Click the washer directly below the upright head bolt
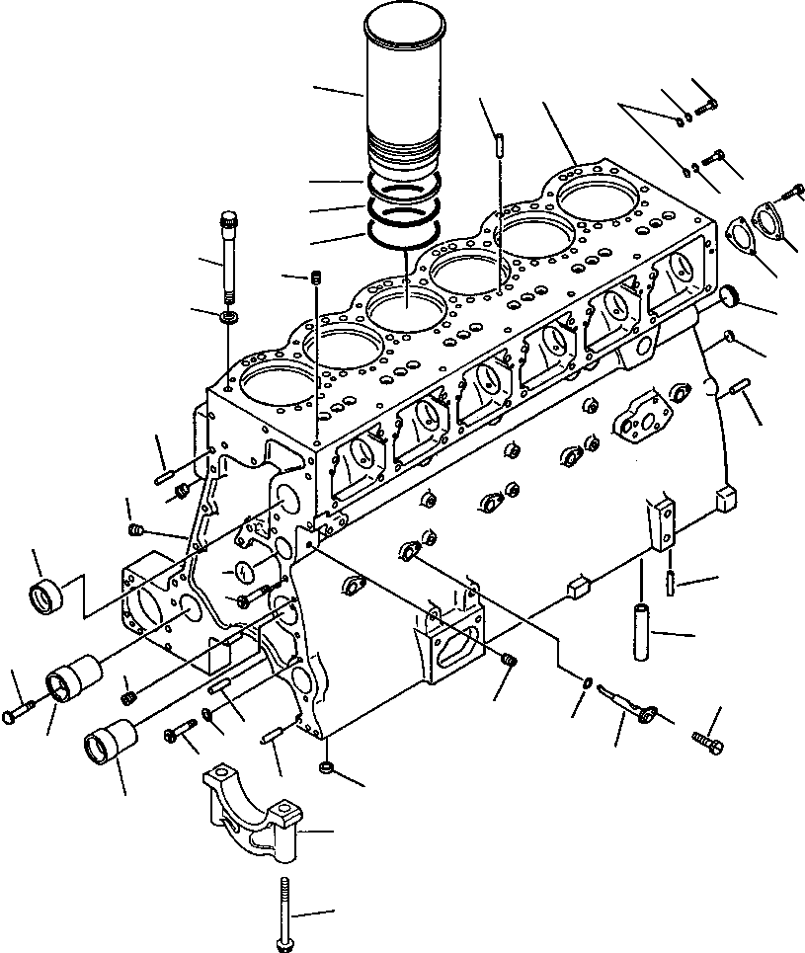point(229,317)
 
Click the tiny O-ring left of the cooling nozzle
point(588,680)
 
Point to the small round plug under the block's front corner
point(327,767)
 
